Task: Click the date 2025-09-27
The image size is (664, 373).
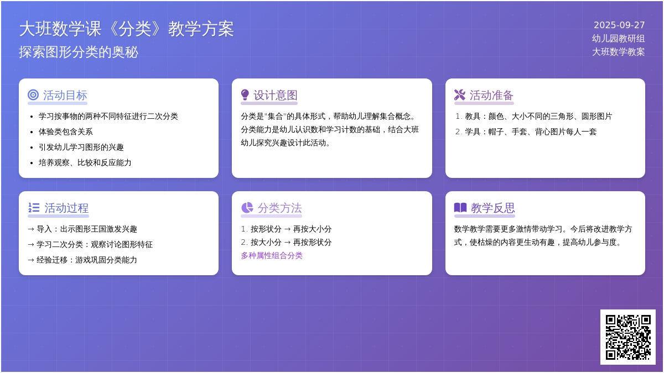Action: click(x=619, y=25)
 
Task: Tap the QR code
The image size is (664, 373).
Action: click(x=628, y=337)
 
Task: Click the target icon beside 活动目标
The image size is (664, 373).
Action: click(x=33, y=95)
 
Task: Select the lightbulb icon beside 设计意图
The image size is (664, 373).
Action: click(x=245, y=95)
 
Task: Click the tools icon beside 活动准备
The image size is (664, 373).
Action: click(x=460, y=95)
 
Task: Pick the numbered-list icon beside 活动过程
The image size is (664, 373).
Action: click(x=34, y=208)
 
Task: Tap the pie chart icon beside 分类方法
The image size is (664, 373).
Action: click(x=247, y=208)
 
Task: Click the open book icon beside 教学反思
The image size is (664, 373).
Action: click(x=460, y=208)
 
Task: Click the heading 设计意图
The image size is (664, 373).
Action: click(x=276, y=95)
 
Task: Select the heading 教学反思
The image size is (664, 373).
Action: click(x=493, y=208)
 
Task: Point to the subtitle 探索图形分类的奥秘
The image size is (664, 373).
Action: click(x=79, y=52)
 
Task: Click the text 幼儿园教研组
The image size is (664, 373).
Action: click(x=619, y=39)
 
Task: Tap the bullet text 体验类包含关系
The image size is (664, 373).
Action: click(x=66, y=132)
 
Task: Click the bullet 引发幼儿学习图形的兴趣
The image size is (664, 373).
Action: click(x=81, y=147)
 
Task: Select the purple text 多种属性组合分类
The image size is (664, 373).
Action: click(x=272, y=255)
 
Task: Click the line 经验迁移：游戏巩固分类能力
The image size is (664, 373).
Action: click(x=82, y=260)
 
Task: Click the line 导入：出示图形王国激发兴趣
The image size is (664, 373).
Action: click(x=82, y=229)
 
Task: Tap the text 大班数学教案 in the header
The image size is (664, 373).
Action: click(x=619, y=52)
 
